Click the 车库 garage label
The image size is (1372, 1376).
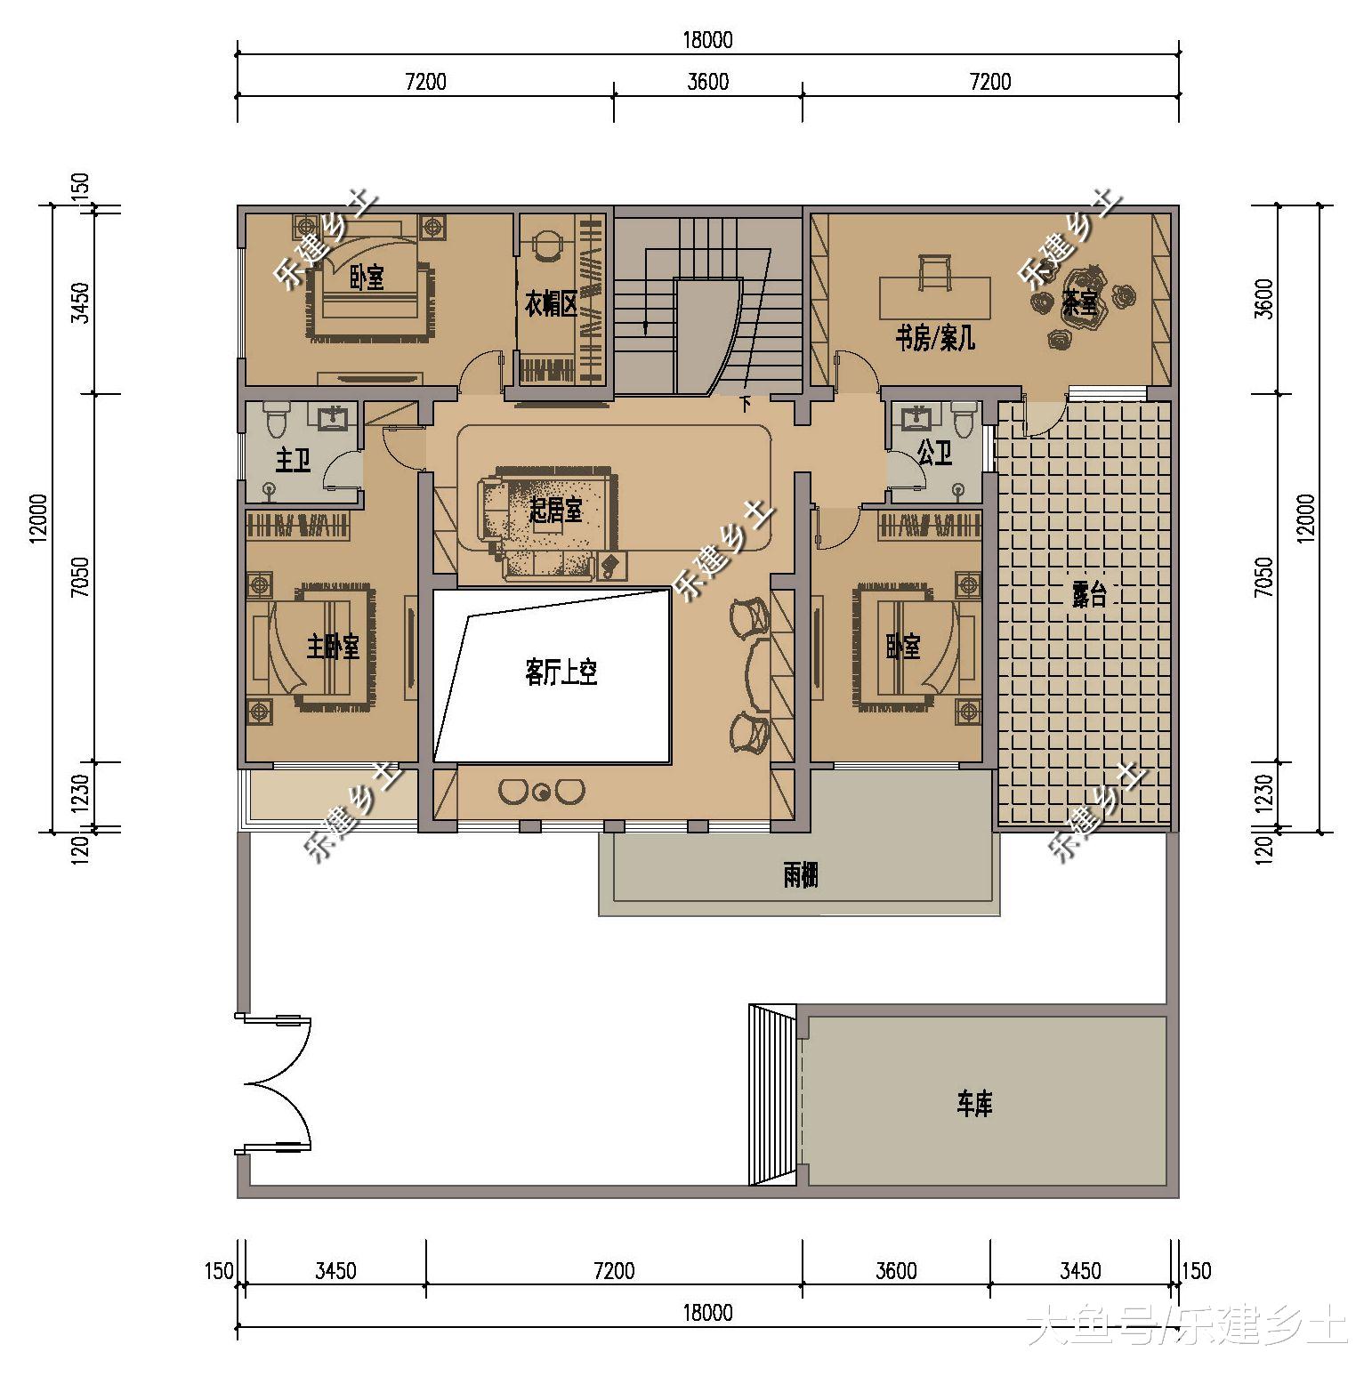pyautogui.click(x=974, y=1105)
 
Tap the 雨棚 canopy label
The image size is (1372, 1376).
pyautogui.click(x=800, y=876)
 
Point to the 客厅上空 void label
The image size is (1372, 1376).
pyautogui.click(x=561, y=672)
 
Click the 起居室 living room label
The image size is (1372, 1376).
pyautogui.click(x=555, y=511)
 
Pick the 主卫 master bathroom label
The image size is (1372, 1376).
pyautogui.click(x=293, y=461)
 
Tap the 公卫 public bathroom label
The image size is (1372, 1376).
pyautogui.click(x=934, y=455)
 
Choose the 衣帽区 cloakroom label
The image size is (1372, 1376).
pyautogui.click(x=551, y=305)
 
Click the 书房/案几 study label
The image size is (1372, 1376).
pyautogui.click(x=934, y=338)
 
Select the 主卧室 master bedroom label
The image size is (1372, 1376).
pyautogui.click(x=333, y=647)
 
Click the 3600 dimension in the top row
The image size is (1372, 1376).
pyautogui.click(x=708, y=82)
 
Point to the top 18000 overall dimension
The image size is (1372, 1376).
pyautogui.click(x=708, y=40)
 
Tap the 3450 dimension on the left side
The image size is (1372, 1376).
pyautogui.click(x=80, y=302)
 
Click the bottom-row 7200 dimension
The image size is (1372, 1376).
pyautogui.click(x=614, y=1270)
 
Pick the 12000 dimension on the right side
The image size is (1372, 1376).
pyautogui.click(x=1304, y=518)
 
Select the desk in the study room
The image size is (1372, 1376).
pyautogui.click(x=934, y=297)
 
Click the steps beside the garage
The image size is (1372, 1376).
pyautogui.click(x=772, y=1095)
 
